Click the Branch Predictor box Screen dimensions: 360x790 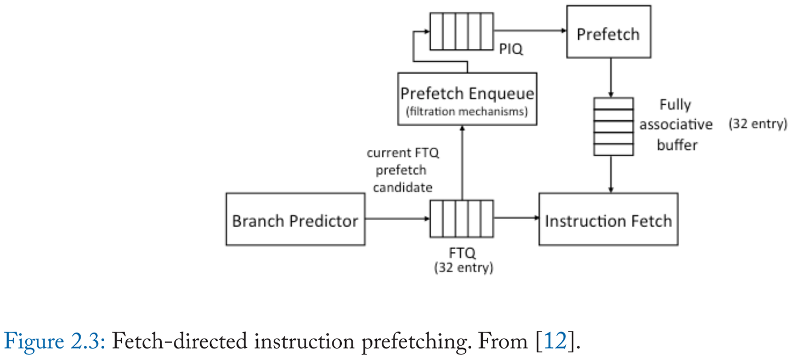(x=295, y=219)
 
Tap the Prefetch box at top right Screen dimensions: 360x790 (x=608, y=32)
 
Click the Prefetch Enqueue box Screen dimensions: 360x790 (x=466, y=99)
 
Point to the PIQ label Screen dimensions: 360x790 (x=511, y=50)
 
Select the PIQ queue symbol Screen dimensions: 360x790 (x=454, y=32)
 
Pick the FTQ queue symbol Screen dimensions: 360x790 (x=461, y=218)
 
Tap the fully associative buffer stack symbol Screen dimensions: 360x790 (x=613, y=126)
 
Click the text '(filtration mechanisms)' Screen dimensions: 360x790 (x=466, y=111)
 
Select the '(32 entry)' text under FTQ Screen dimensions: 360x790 (x=463, y=268)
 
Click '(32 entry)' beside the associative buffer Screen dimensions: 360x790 (x=757, y=124)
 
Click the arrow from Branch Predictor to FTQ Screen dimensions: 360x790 (x=397, y=218)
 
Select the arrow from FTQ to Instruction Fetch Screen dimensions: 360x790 (x=516, y=218)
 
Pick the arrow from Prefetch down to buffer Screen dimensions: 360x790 (x=611, y=77)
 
